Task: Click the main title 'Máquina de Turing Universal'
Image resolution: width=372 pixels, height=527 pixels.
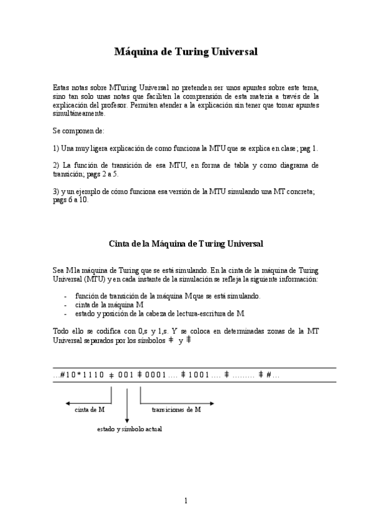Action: point(186,52)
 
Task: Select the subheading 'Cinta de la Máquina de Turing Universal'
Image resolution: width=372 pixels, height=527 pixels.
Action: point(186,244)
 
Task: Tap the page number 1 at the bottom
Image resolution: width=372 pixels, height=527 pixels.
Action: point(186,501)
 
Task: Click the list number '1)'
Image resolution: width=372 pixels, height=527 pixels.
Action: point(57,149)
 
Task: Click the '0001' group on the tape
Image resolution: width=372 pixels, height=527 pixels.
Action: point(155,374)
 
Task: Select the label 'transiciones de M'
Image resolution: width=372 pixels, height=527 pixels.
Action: point(176,410)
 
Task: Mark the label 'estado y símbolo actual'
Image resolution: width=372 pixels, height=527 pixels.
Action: point(129,429)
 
